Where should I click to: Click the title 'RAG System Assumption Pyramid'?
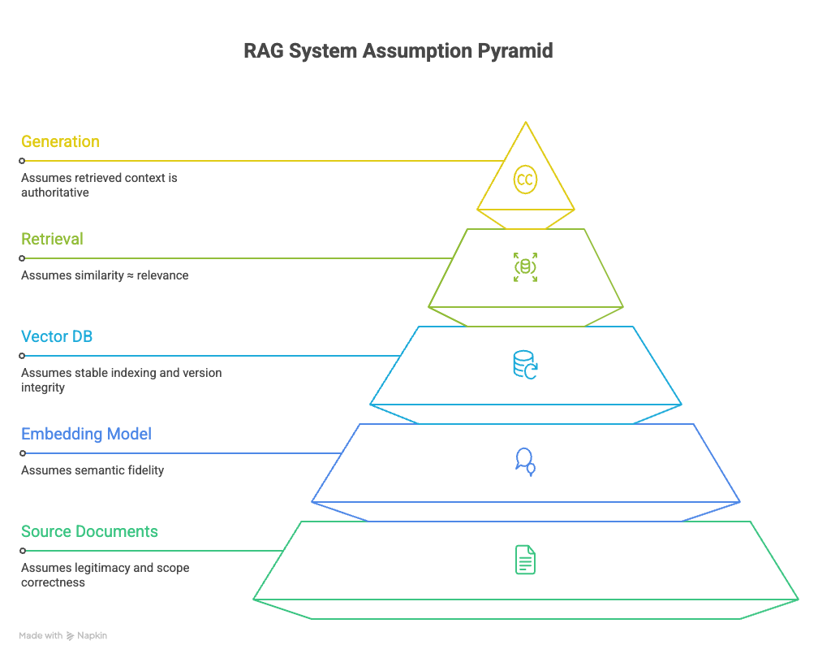click(398, 51)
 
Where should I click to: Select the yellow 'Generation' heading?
click(60, 141)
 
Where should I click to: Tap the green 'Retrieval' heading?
click(52, 239)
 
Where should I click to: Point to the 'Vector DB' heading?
click(57, 336)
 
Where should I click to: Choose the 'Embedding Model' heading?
click(86, 434)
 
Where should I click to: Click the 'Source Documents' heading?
click(89, 531)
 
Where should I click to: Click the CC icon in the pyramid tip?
click(525, 180)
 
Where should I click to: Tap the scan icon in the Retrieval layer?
click(525, 267)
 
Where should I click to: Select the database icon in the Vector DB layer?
click(525, 365)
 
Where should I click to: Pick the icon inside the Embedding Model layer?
click(525, 461)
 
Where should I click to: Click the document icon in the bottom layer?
click(525, 560)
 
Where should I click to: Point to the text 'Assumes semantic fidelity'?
click(92, 470)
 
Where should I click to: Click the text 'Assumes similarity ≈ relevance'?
click(104, 275)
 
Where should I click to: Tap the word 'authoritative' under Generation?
click(54, 193)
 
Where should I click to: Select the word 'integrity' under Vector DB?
click(43, 387)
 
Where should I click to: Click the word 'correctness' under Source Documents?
click(53, 582)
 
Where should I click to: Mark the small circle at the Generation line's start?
click(22, 161)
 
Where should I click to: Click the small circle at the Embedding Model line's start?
click(22, 453)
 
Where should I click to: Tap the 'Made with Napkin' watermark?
click(63, 635)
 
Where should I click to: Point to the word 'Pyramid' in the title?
click(515, 51)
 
